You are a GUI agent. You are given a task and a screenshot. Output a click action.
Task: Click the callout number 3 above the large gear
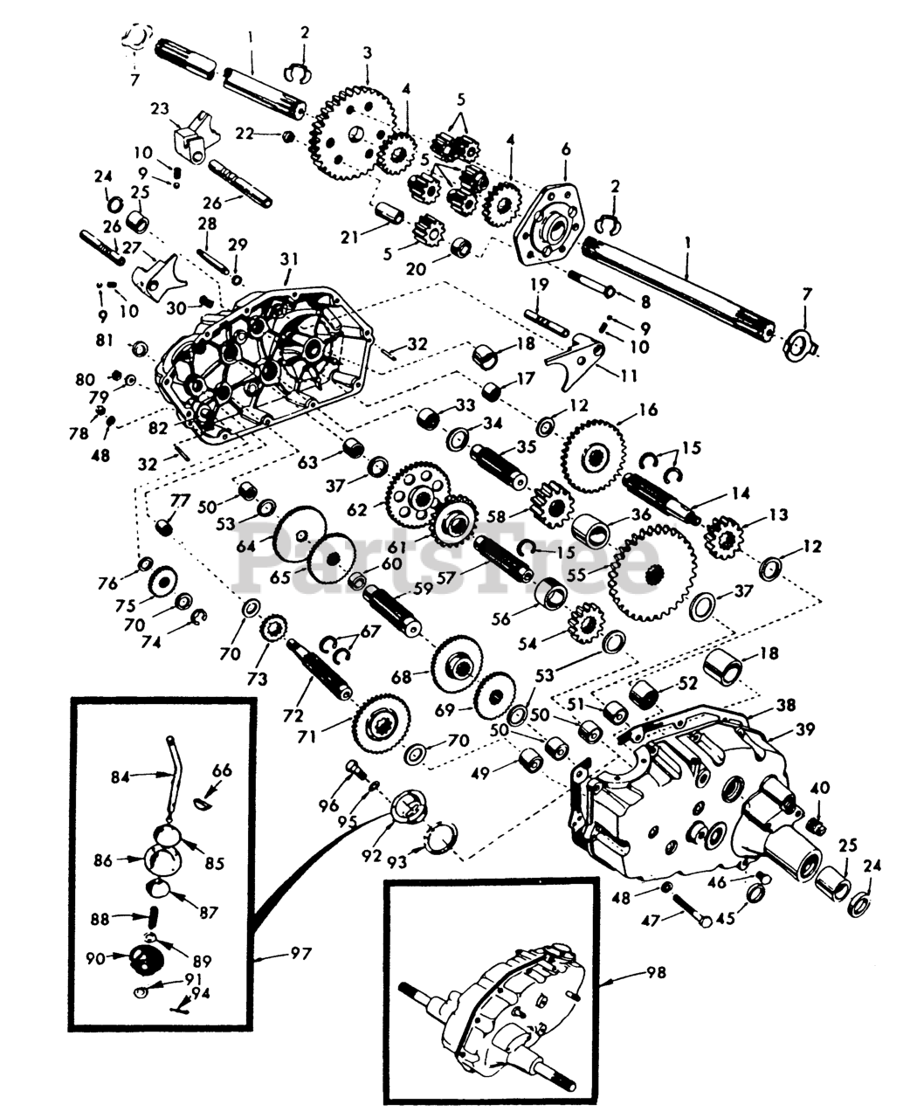click(x=368, y=53)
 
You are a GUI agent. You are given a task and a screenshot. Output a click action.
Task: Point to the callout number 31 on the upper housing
click(x=289, y=259)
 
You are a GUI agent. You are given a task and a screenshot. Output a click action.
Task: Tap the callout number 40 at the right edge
click(x=819, y=788)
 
